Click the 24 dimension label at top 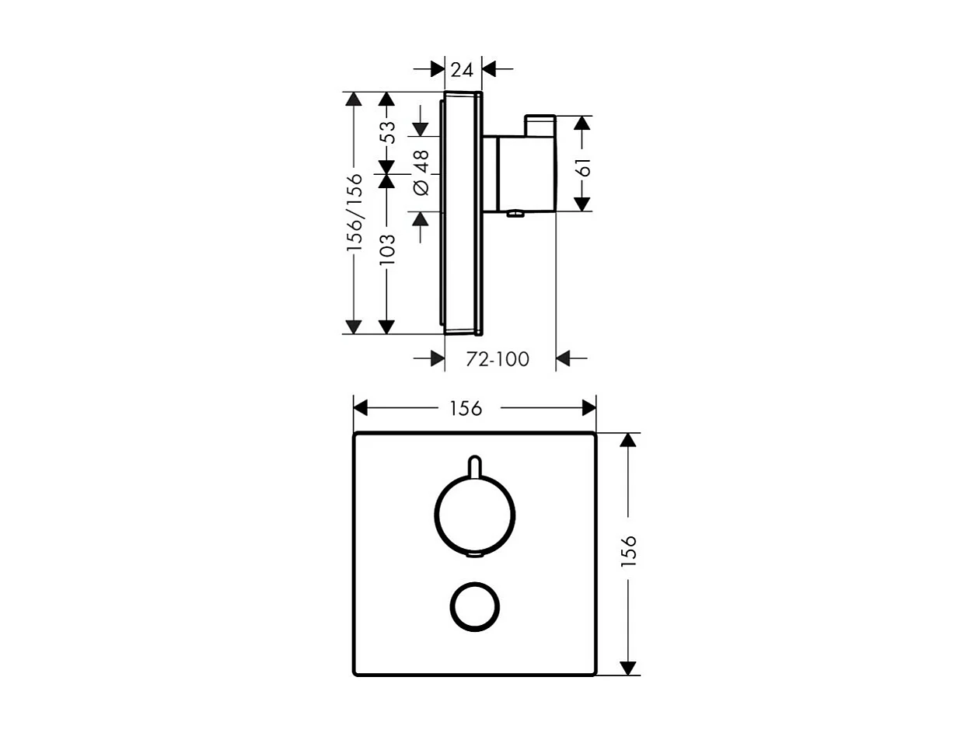pyautogui.click(x=463, y=69)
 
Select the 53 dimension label pyautogui.click(x=387, y=131)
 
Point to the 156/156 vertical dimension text pyautogui.click(x=355, y=211)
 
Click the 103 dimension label pyautogui.click(x=387, y=250)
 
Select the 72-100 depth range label pyautogui.click(x=498, y=359)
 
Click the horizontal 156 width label pyautogui.click(x=466, y=408)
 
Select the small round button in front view pyautogui.click(x=474, y=606)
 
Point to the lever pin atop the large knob pyautogui.click(x=474, y=465)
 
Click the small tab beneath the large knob pyautogui.click(x=474, y=555)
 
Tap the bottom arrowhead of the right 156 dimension pyautogui.click(x=629, y=668)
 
